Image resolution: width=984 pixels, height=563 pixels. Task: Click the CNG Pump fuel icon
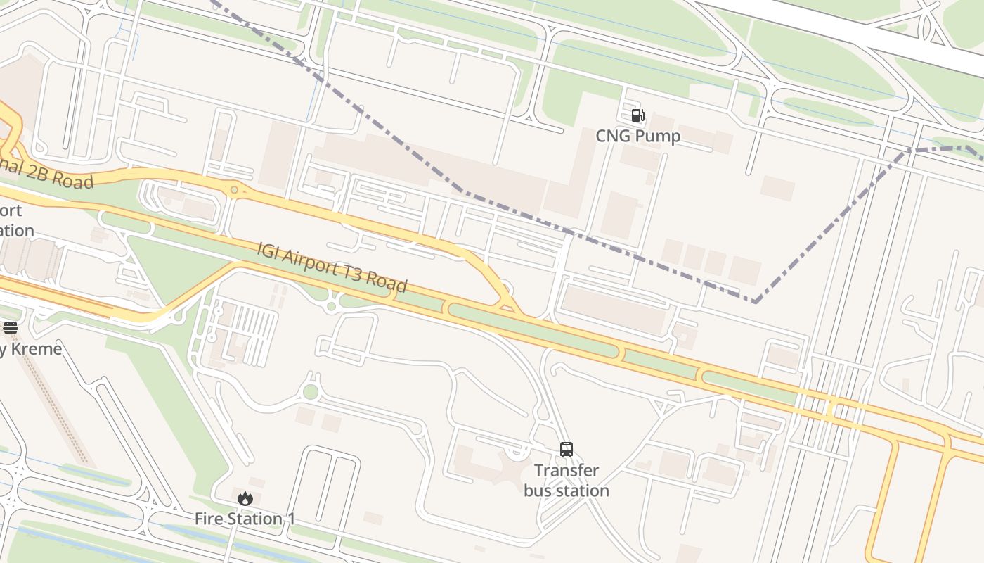click(637, 115)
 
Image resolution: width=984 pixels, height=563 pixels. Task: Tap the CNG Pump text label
click(637, 136)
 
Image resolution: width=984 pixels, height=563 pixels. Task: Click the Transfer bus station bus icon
click(567, 449)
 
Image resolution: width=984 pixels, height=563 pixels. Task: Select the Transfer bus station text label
click(567, 481)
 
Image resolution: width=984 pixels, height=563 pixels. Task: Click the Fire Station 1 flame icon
click(245, 498)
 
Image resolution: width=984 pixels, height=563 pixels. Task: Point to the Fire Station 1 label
click(245, 519)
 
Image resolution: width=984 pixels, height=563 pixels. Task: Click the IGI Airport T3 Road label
click(332, 267)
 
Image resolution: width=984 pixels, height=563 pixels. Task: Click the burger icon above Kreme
click(10, 327)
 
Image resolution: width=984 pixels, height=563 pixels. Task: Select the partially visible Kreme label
click(31, 349)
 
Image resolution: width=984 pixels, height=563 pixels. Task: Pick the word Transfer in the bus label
click(567, 470)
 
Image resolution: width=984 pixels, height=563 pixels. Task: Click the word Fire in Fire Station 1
click(209, 519)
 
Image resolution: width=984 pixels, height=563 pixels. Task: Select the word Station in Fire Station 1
click(252, 519)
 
